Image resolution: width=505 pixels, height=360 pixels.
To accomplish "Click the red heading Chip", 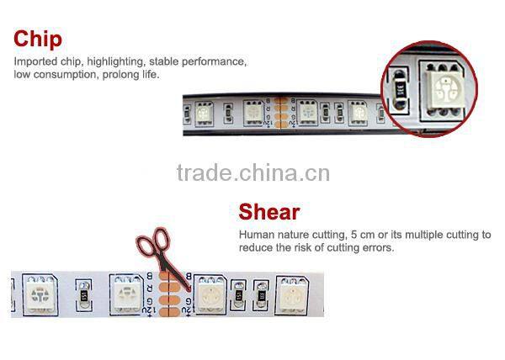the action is (x=38, y=40).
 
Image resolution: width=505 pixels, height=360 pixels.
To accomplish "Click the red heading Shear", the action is (x=268, y=212).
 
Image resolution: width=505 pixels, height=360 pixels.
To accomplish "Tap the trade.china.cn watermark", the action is (x=253, y=174).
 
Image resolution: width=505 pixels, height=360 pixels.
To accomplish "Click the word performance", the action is (x=220, y=62).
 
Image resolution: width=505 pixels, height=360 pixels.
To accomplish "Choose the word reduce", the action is (x=255, y=247).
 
